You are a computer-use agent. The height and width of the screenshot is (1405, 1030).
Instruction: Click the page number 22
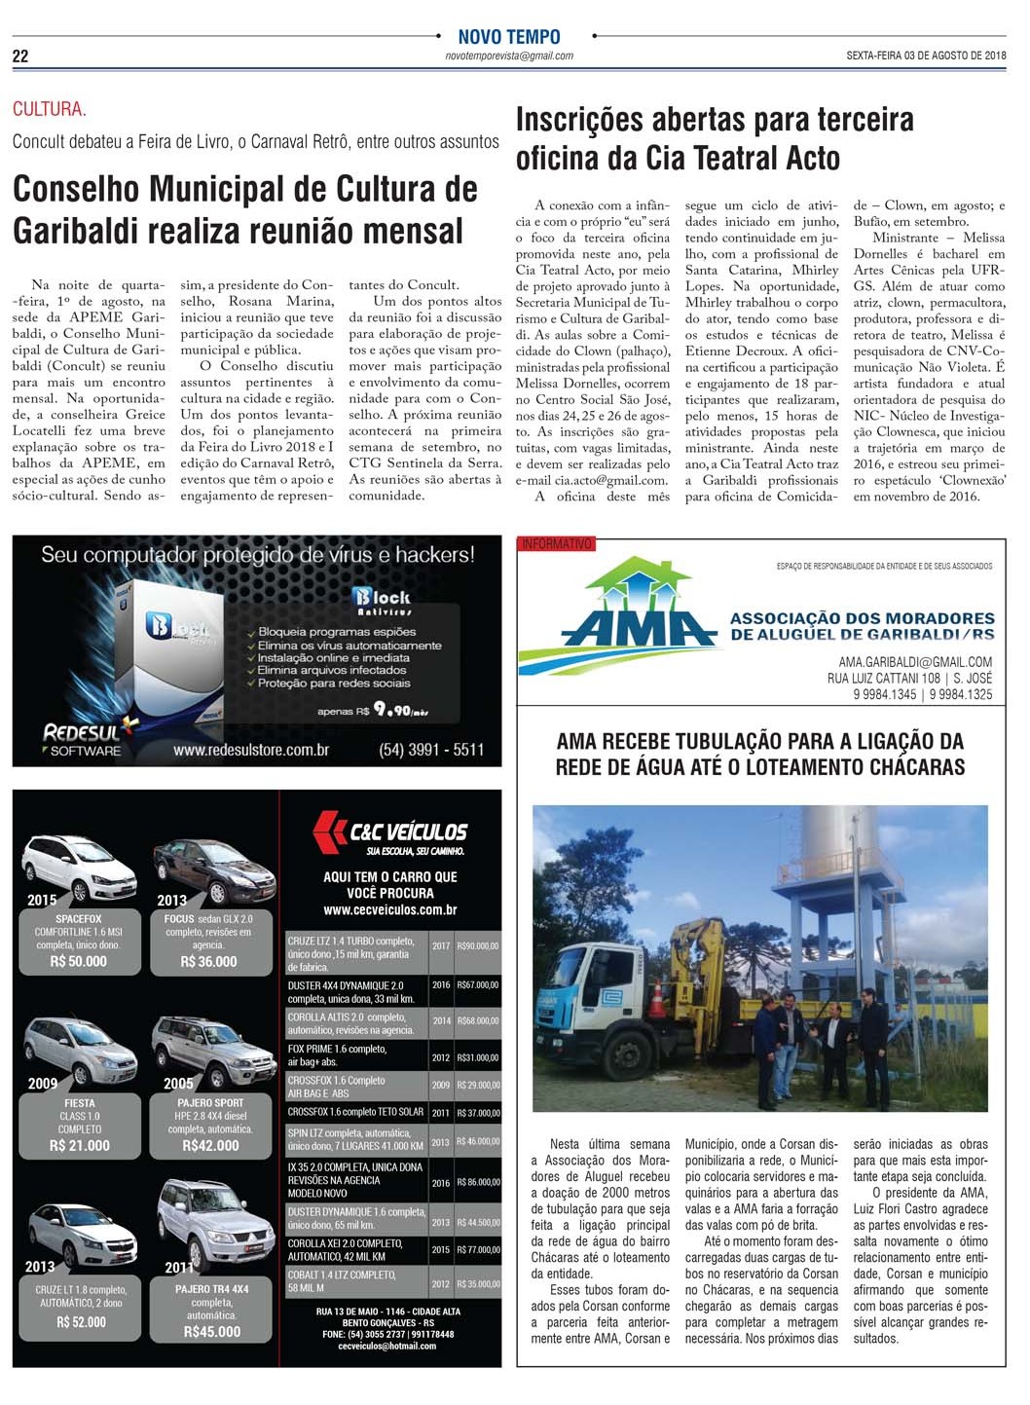pos(20,56)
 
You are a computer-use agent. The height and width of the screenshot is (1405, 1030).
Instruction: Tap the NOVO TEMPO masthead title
pos(509,37)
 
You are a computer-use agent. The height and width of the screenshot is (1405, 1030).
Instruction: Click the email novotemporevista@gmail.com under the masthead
pos(509,56)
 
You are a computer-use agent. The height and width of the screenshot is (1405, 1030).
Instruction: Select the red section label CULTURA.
pos(49,110)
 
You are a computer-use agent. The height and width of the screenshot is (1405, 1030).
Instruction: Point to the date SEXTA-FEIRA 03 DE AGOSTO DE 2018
pos(926,56)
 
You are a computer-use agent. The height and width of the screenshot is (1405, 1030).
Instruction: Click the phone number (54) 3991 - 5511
pos(431,750)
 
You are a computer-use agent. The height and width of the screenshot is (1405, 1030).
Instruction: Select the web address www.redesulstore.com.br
pos(251,751)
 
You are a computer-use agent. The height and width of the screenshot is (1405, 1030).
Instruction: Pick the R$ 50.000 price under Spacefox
pos(79,961)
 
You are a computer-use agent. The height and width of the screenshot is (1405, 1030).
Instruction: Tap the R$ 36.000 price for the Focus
pos(208,961)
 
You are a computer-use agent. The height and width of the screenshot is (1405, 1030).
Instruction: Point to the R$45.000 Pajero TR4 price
pos(211,1331)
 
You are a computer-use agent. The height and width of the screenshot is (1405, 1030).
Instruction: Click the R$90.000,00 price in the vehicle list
pos(478,945)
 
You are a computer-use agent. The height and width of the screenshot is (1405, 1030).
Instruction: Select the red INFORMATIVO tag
pos(556,544)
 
